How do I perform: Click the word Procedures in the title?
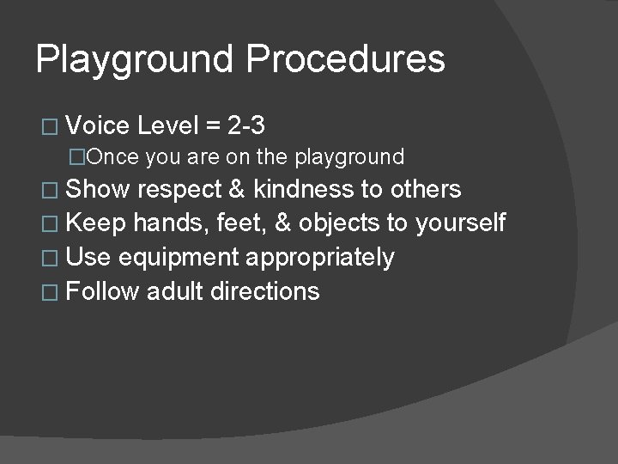click(x=345, y=60)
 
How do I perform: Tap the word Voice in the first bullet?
click(x=97, y=126)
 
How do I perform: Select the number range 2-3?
click(x=246, y=126)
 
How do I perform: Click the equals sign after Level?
click(x=213, y=127)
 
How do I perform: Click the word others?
click(x=426, y=189)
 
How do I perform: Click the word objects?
click(x=339, y=223)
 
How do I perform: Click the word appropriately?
click(x=320, y=258)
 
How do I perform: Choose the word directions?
click(x=264, y=291)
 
